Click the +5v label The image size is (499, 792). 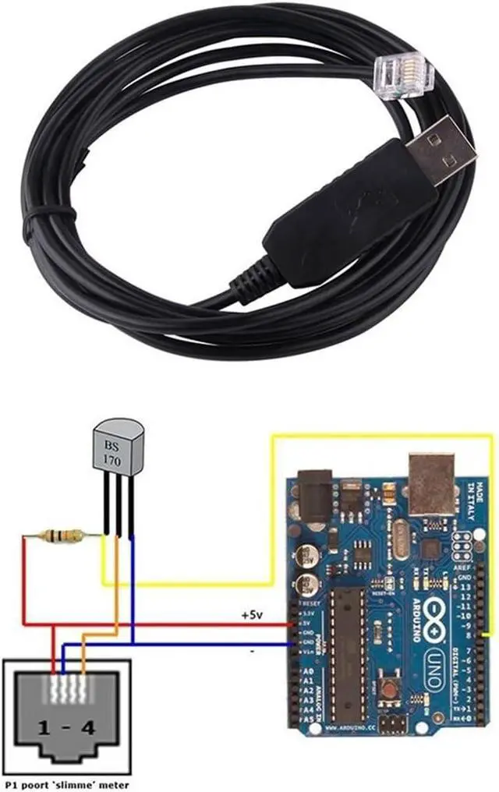[x=251, y=615]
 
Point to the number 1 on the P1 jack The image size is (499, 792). [x=45, y=729]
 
